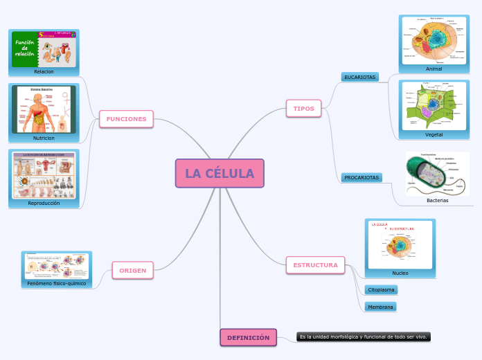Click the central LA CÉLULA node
[x=220, y=173]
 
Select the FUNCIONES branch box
[x=126, y=119]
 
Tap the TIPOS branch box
[x=303, y=109]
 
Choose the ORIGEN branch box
[x=132, y=270]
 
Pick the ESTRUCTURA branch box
[x=315, y=265]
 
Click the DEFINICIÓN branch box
[x=248, y=337]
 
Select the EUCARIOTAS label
[x=359, y=77]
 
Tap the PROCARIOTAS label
[x=361, y=178]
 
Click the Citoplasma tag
[x=381, y=289]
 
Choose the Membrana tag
[x=380, y=307]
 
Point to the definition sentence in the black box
[x=363, y=336]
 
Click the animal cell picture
[x=434, y=39]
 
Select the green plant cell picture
[x=434, y=105]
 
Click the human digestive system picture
[x=44, y=109]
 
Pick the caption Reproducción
[x=44, y=204]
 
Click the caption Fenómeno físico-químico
[x=57, y=283]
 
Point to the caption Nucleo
[x=400, y=273]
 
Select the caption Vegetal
[x=434, y=134]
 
